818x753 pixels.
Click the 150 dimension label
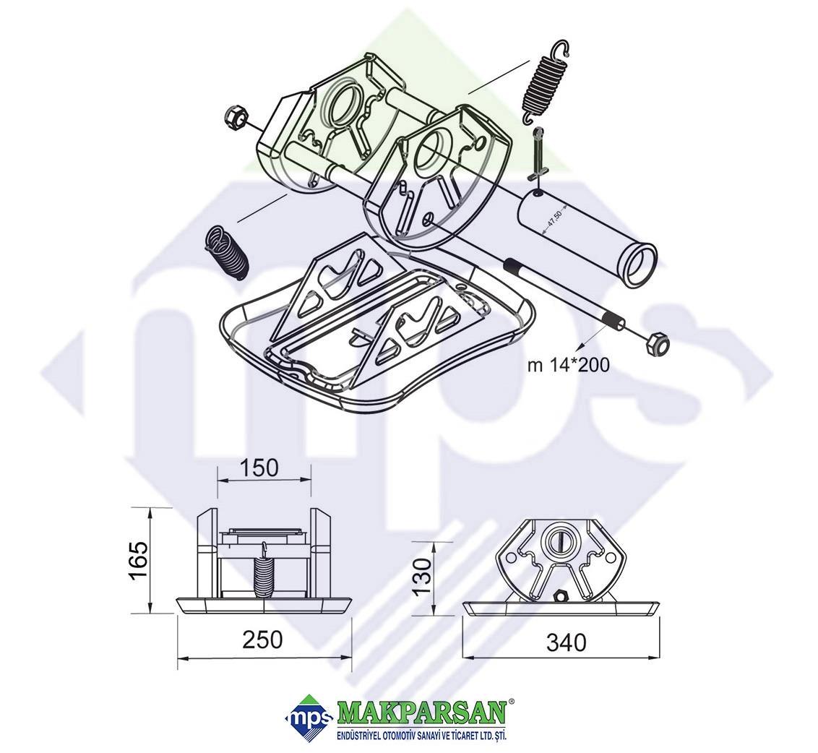click(260, 468)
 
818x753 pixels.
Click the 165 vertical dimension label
click(138, 561)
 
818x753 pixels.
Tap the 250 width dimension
click(262, 640)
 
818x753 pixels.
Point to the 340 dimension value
click(566, 642)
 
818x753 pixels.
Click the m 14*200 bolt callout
click(568, 365)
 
